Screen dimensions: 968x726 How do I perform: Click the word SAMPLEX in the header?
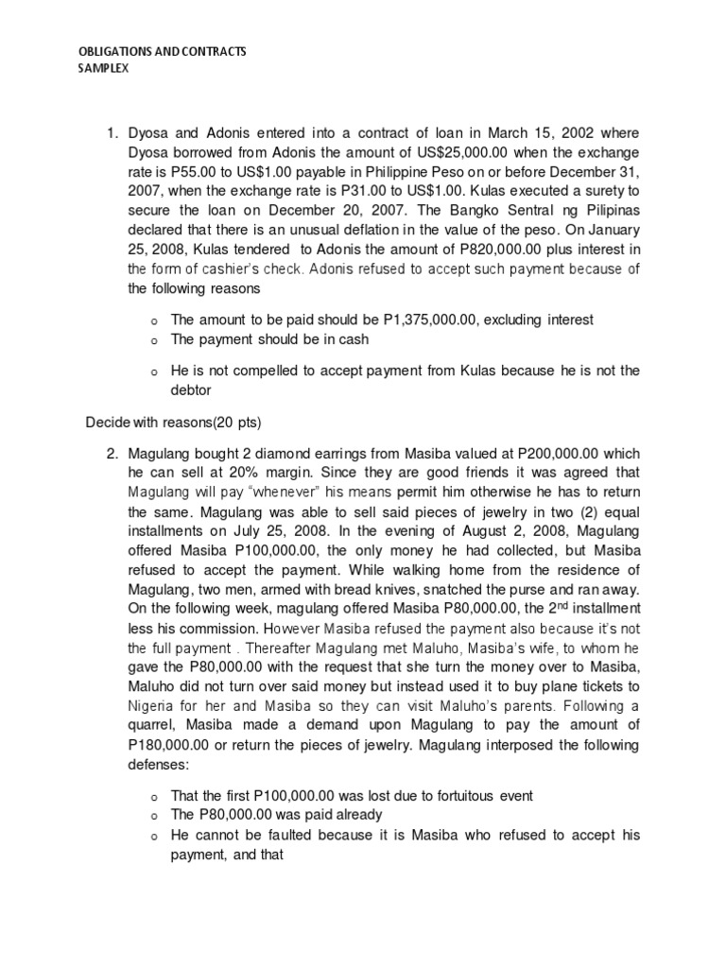coord(97,68)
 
